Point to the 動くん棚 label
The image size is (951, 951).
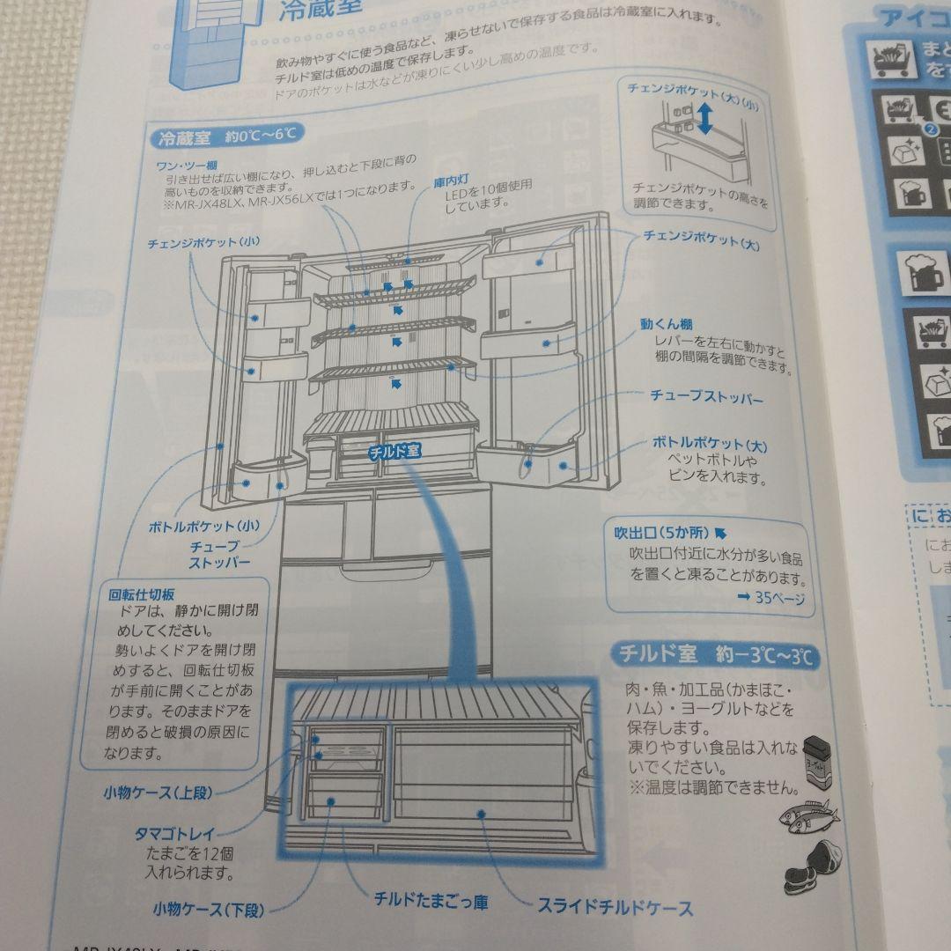(667, 325)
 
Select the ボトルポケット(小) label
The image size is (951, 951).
(203, 527)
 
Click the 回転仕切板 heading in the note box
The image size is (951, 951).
(143, 593)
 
